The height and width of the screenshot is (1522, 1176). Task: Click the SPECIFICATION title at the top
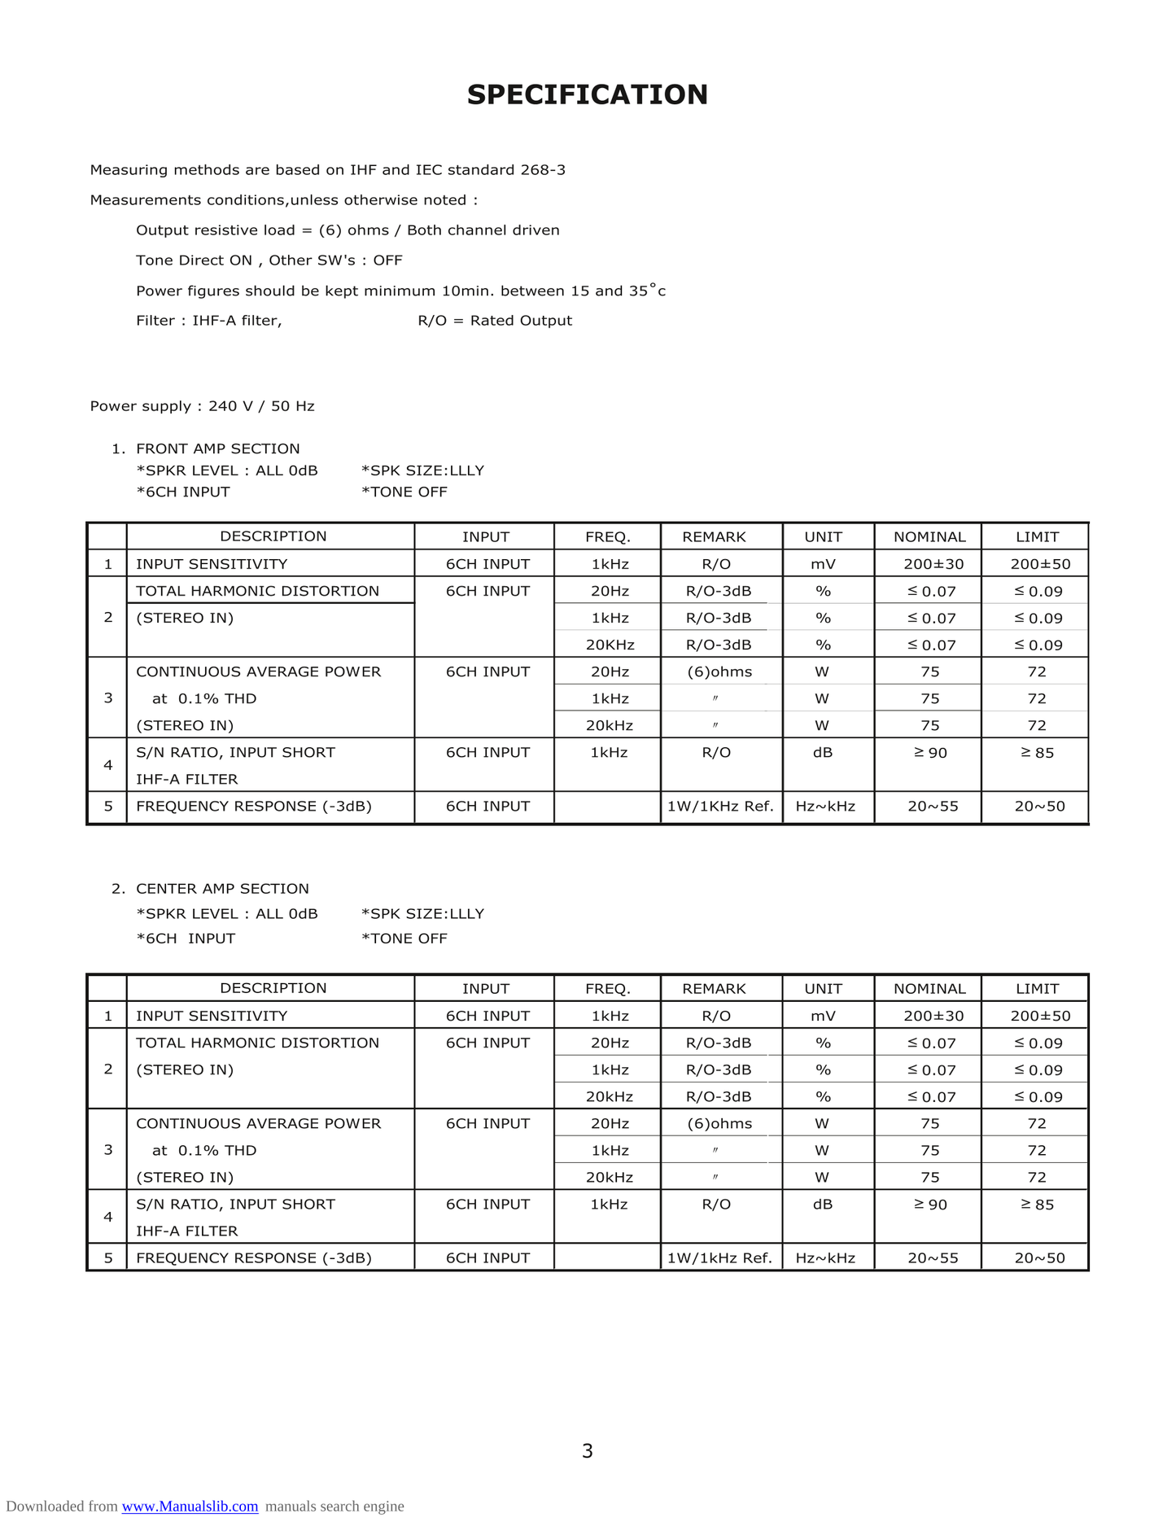(x=587, y=94)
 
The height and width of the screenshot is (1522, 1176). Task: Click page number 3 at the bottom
(x=587, y=1450)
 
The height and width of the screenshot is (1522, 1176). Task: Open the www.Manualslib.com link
(x=190, y=1506)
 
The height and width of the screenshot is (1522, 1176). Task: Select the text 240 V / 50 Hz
(x=261, y=406)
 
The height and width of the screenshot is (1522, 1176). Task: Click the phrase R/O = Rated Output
(x=495, y=321)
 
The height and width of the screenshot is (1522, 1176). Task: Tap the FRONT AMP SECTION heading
(x=217, y=448)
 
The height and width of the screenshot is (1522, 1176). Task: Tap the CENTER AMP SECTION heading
(x=222, y=889)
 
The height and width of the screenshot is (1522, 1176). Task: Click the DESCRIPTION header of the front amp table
(x=273, y=536)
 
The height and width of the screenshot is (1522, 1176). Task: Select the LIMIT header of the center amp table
(x=1037, y=988)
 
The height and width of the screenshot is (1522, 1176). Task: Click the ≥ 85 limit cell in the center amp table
(x=1037, y=1205)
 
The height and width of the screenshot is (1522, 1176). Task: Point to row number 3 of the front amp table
(x=108, y=698)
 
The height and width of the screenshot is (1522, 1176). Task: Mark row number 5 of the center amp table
(x=108, y=1257)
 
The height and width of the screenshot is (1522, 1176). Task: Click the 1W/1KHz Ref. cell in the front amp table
(x=719, y=807)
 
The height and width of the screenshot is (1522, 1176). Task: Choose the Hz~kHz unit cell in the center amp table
(x=825, y=1257)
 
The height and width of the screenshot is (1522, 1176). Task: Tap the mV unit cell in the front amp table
(x=823, y=564)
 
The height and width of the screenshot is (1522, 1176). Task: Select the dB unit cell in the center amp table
(x=823, y=1205)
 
